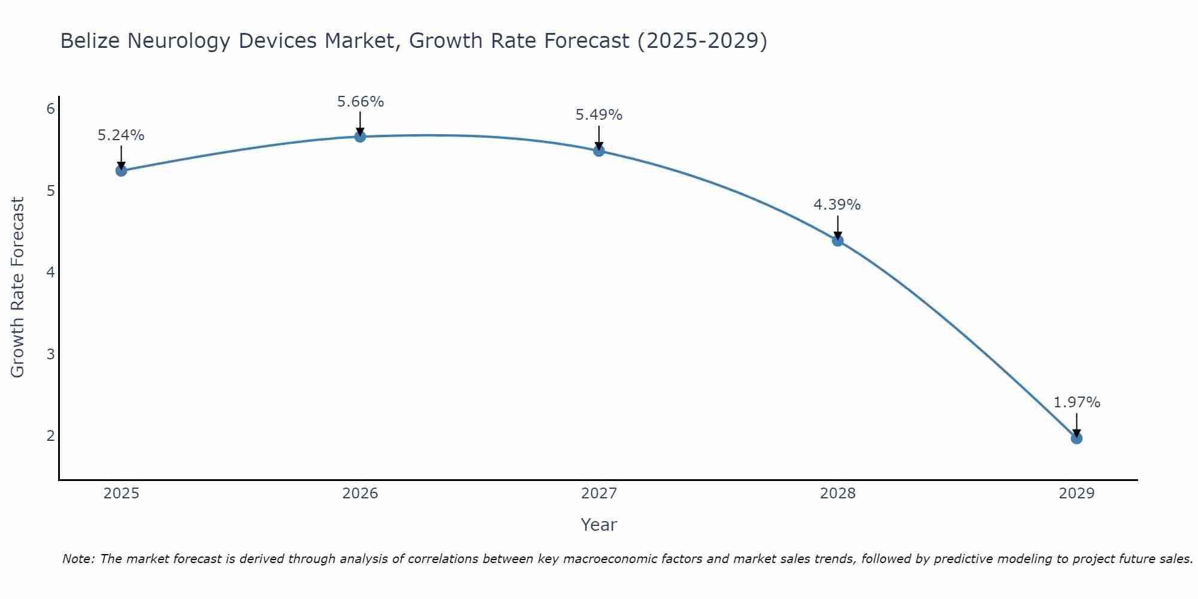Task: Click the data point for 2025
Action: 121,171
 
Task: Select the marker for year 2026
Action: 360,137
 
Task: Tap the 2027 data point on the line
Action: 599,150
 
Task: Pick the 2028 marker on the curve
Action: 837,241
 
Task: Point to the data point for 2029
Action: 1076,438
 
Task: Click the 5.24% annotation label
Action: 121,135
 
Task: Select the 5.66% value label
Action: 360,102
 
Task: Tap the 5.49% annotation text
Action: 599,115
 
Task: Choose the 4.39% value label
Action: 837,205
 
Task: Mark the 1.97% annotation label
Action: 1076,403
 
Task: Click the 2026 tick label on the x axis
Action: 360,494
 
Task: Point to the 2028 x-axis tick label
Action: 837,494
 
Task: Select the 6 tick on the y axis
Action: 51,108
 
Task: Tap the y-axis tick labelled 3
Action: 51,354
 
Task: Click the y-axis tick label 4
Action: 51,273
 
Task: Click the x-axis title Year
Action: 598,525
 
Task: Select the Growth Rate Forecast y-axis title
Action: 18,288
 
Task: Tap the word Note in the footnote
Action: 78,559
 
